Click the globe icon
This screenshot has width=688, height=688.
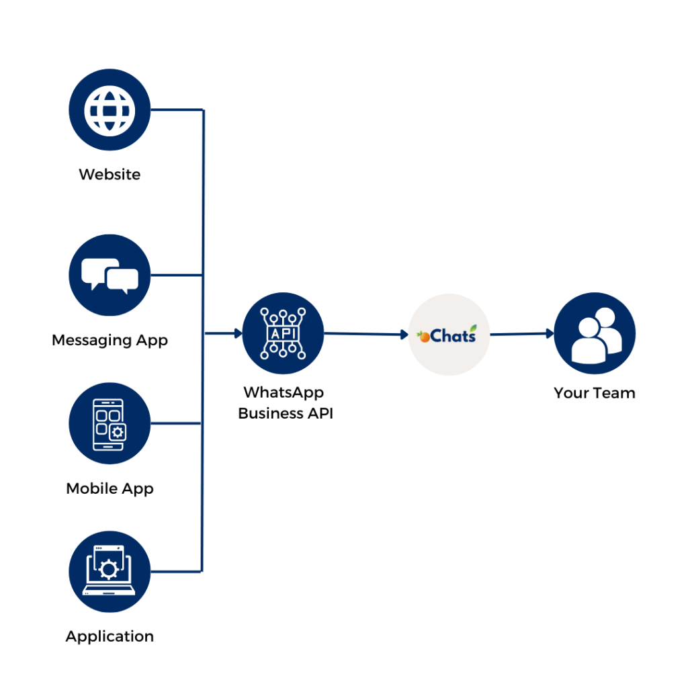(110, 110)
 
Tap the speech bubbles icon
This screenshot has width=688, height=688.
(110, 275)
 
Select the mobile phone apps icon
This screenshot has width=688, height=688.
(110, 423)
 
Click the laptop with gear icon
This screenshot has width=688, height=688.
(110, 572)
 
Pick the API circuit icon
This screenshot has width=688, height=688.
(282, 333)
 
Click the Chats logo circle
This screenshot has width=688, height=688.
(449, 335)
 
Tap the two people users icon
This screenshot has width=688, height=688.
(595, 334)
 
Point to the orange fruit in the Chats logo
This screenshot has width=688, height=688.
(424, 337)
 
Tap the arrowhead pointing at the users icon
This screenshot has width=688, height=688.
(549, 333)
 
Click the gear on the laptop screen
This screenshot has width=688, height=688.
(107, 570)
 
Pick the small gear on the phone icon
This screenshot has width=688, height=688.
(118, 432)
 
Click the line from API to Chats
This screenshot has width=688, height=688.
(363, 333)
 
